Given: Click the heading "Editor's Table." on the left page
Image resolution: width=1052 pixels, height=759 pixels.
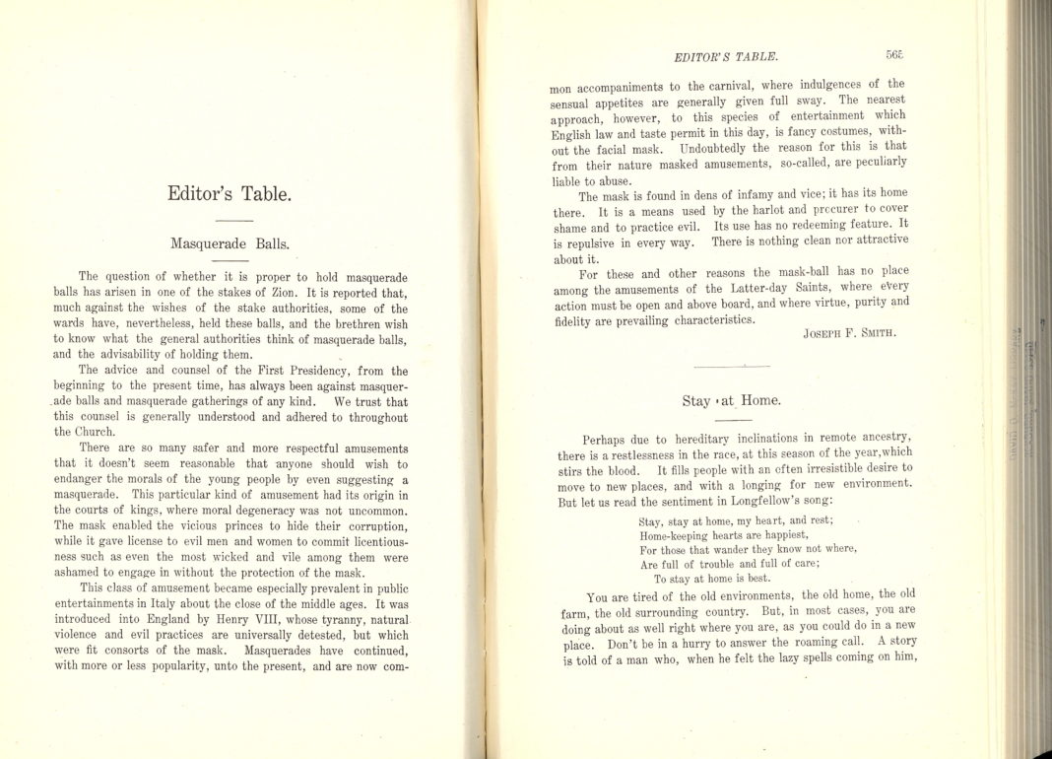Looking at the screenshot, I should click(230, 194).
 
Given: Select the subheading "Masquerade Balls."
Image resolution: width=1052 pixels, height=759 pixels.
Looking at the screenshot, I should click(230, 242).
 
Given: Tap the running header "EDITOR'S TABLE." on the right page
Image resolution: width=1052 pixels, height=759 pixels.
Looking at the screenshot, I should click(724, 56).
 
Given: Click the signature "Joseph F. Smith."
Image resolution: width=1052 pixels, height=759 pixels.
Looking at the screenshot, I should click(849, 333).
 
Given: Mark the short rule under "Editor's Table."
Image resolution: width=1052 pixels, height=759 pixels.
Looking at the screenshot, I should click(233, 220).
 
